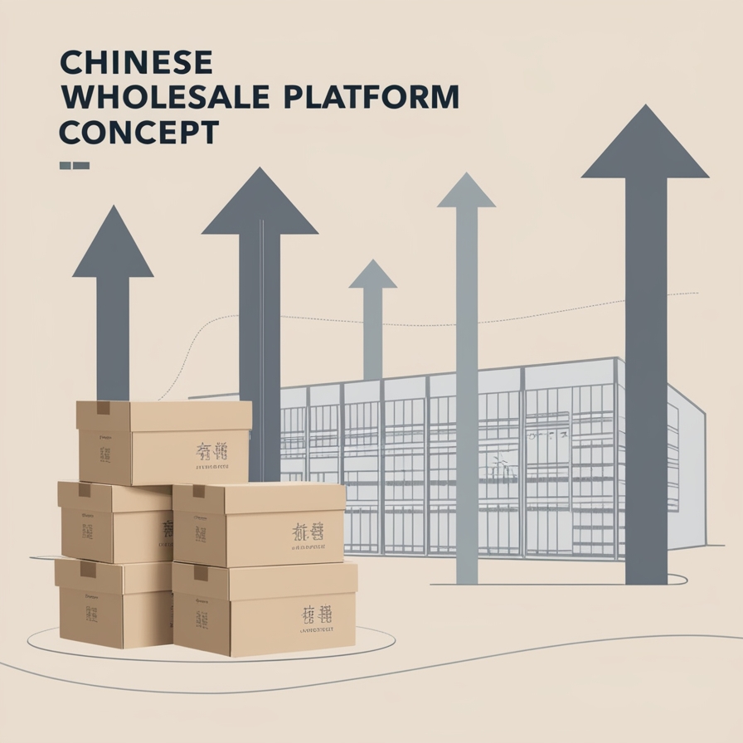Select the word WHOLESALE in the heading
(165, 97)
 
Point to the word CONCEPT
(138, 133)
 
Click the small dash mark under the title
(74, 166)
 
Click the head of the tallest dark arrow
(645, 146)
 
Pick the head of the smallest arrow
(373, 275)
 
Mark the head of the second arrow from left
(260, 204)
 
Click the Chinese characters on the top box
(211, 452)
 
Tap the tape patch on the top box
(104, 408)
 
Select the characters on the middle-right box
(307, 532)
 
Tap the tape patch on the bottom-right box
(201, 573)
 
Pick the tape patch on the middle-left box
(84, 490)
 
